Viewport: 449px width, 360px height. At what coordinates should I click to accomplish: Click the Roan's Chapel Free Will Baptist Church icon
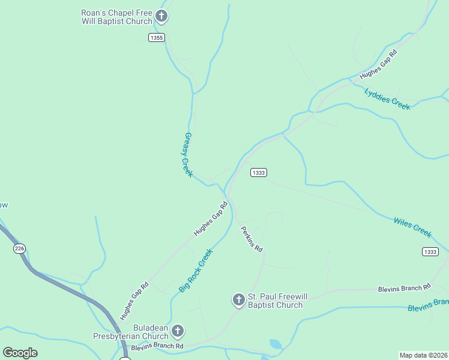[161, 16]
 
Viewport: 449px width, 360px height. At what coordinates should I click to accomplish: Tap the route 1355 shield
[157, 38]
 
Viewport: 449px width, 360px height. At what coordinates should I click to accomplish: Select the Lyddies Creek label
[387, 98]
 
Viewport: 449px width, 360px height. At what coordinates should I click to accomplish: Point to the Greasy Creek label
[187, 154]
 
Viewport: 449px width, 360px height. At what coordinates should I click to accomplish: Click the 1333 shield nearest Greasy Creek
[258, 173]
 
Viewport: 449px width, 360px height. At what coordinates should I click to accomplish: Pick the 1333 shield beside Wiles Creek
[430, 251]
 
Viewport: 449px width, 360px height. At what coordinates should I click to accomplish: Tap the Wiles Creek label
[412, 228]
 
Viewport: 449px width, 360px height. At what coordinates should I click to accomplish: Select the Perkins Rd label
[252, 238]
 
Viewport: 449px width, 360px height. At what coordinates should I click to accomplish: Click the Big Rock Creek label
[196, 271]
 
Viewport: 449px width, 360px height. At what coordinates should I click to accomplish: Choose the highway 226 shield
[20, 248]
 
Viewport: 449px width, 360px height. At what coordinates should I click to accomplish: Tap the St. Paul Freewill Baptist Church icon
[238, 299]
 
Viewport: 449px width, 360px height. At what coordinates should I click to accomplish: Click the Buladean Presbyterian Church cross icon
[177, 331]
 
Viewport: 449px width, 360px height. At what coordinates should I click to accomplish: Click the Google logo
[20, 353]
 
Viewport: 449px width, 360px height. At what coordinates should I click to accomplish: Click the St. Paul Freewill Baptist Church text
[276, 301]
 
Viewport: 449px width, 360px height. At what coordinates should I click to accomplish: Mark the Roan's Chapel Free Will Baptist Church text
[117, 16]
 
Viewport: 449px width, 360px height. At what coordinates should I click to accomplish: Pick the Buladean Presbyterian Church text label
[130, 332]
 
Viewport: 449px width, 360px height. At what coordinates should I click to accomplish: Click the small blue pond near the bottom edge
[276, 344]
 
